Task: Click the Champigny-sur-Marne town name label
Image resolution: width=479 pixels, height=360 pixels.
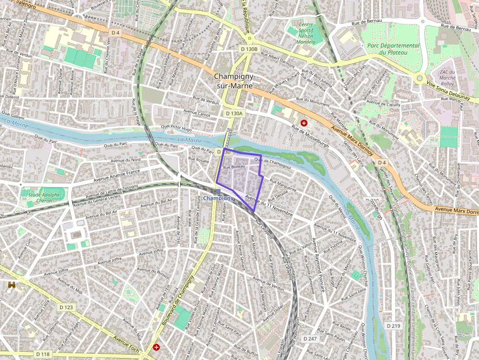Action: click(234, 81)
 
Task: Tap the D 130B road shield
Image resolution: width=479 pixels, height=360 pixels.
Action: click(249, 49)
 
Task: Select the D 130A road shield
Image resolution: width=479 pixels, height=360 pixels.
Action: click(234, 113)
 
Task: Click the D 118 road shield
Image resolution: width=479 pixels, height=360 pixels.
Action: click(43, 354)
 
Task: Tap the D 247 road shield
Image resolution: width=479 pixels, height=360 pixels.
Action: click(310, 339)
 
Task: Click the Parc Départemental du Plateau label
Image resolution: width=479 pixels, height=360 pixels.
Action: click(393, 49)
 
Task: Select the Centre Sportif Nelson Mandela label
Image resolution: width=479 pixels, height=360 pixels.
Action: click(305, 33)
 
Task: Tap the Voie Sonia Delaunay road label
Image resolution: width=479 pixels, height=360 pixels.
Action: click(448, 91)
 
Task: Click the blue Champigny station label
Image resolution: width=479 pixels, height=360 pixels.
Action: click(218, 198)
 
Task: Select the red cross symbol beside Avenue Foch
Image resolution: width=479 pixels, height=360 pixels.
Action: click(156, 347)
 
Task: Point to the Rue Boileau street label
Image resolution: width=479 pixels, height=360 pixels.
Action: click(234, 167)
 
